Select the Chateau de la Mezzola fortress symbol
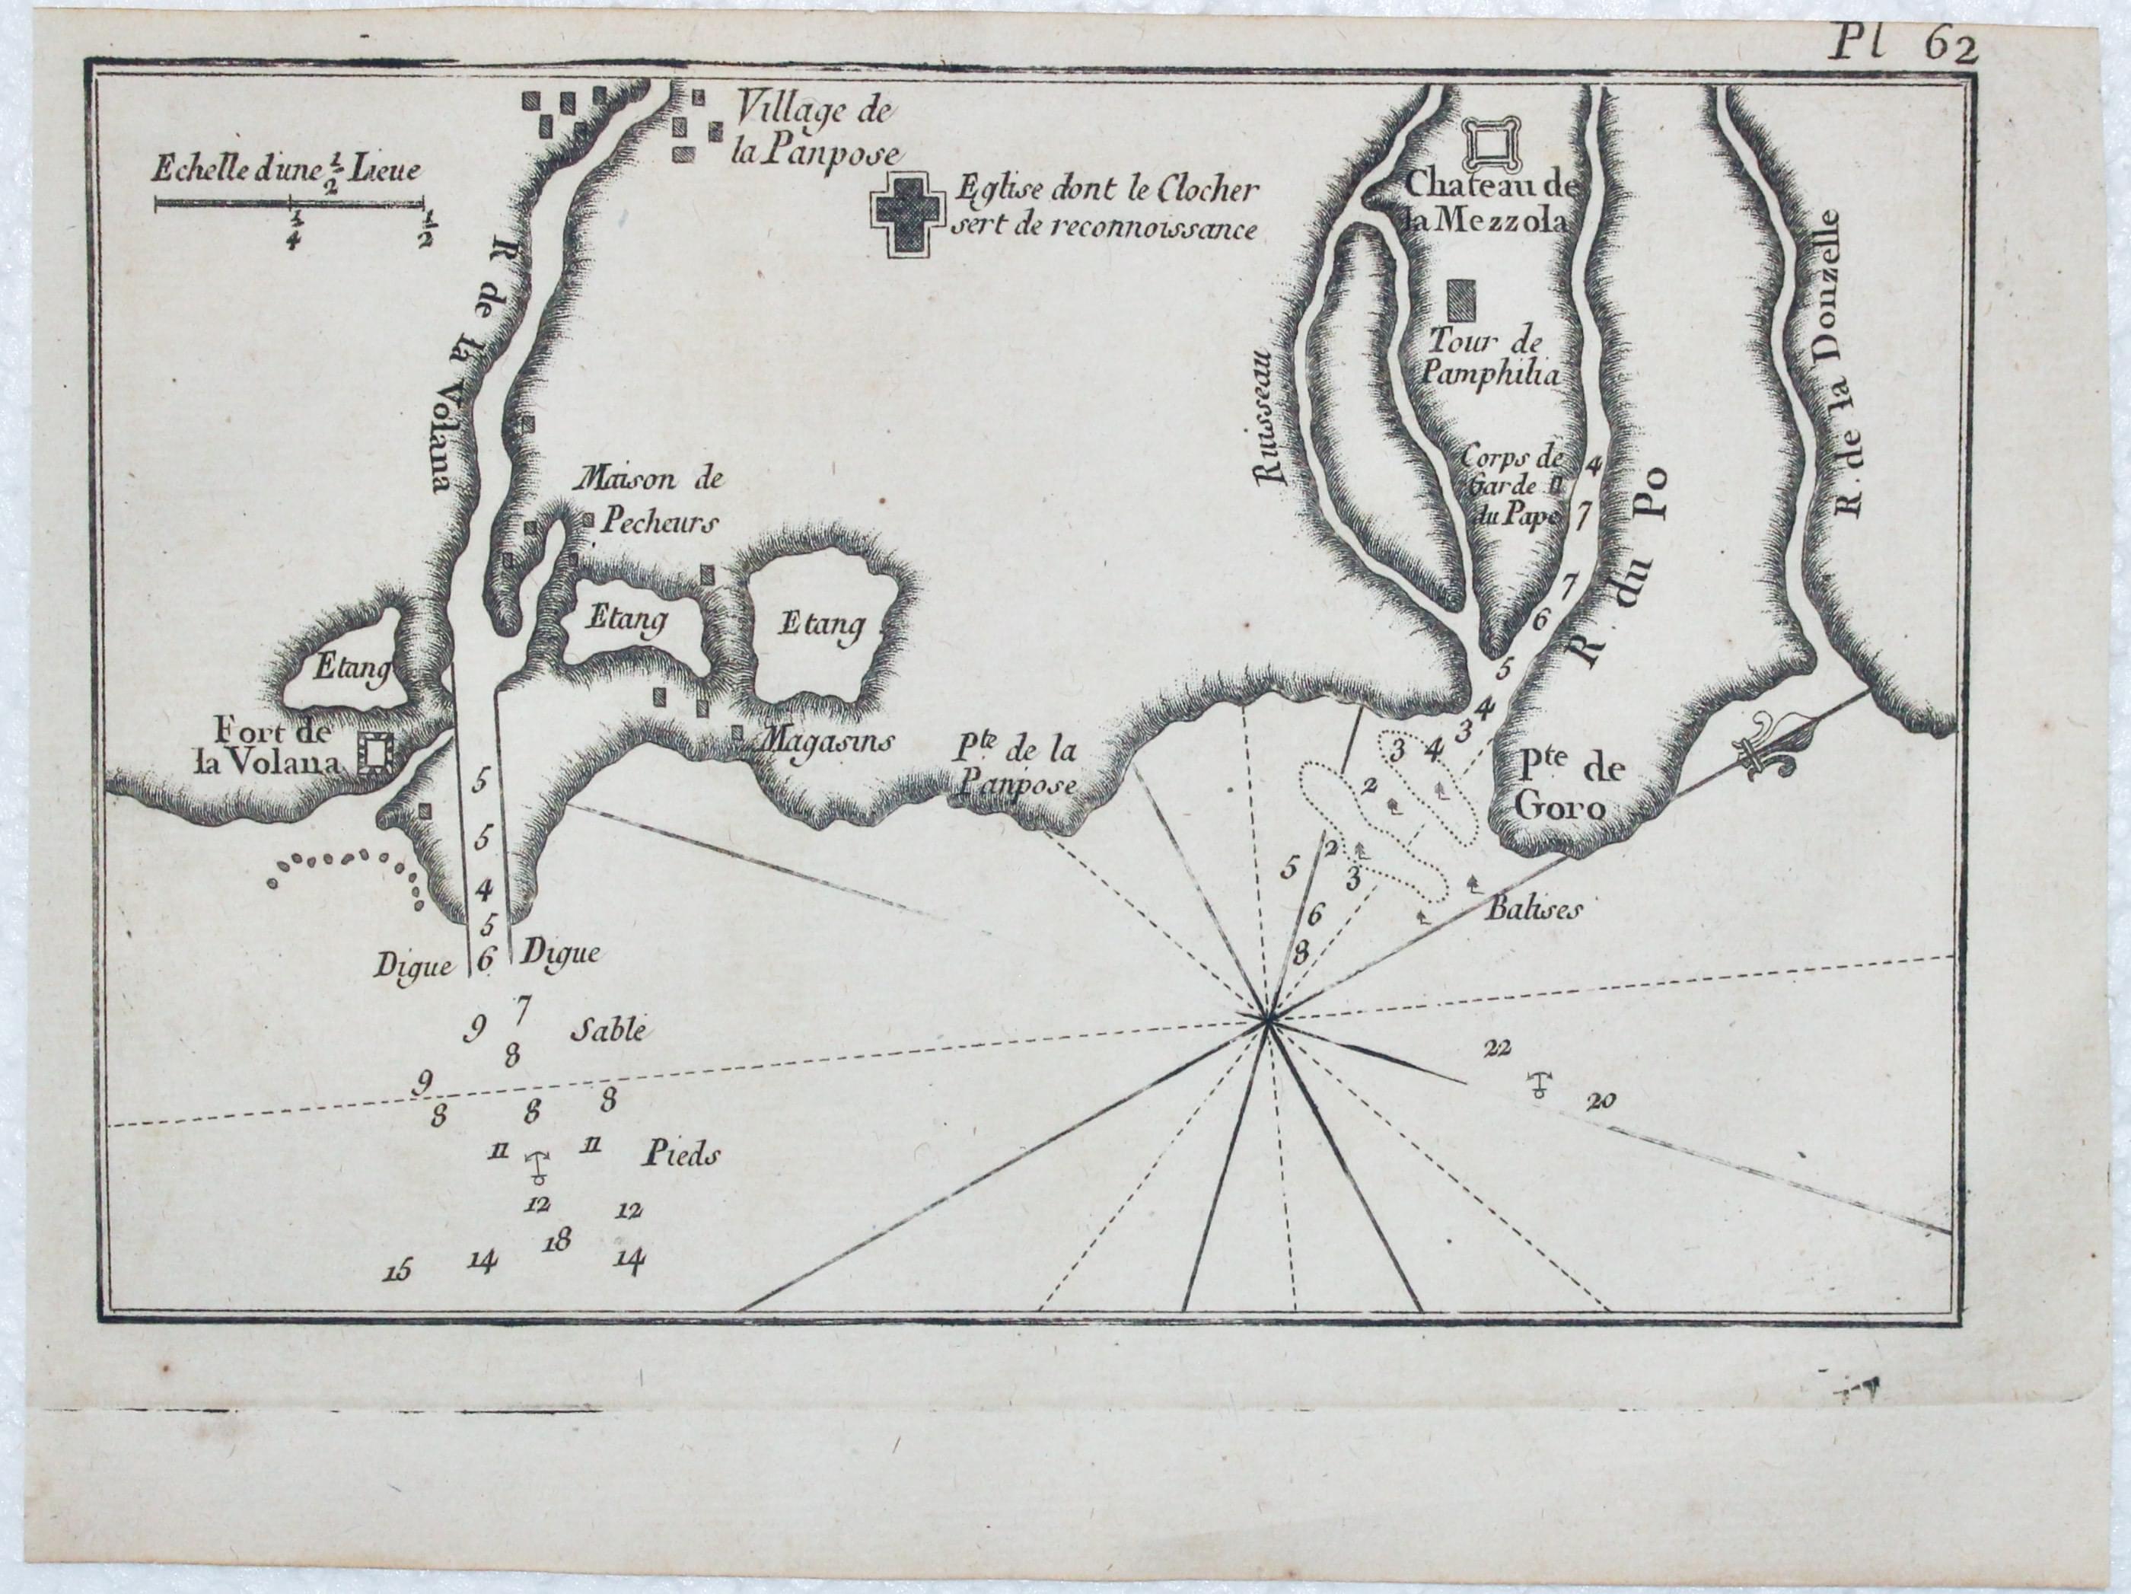pos(1493,145)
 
